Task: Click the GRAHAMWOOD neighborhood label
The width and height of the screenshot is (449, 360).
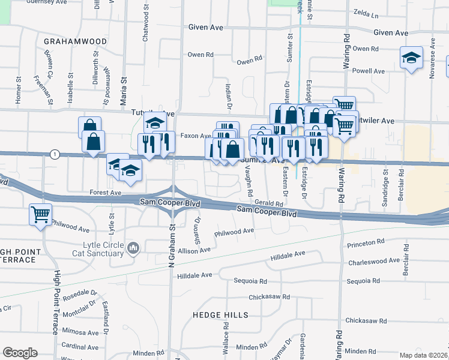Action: point(75,41)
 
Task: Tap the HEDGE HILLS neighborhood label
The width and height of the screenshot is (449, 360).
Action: point(220,315)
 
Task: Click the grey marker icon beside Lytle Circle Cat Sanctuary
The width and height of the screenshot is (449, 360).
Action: point(133,247)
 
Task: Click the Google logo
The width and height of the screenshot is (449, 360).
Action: point(20,353)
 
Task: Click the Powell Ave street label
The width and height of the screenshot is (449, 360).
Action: point(369,71)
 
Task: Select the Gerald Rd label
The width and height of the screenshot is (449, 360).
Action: point(268,204)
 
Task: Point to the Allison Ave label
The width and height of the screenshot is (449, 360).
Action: point(193,250)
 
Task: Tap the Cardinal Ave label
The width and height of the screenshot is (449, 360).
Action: point(80,346)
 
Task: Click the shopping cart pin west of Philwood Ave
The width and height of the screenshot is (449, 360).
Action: point(40,214)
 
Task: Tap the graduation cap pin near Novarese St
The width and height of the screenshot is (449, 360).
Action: point(411,58)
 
